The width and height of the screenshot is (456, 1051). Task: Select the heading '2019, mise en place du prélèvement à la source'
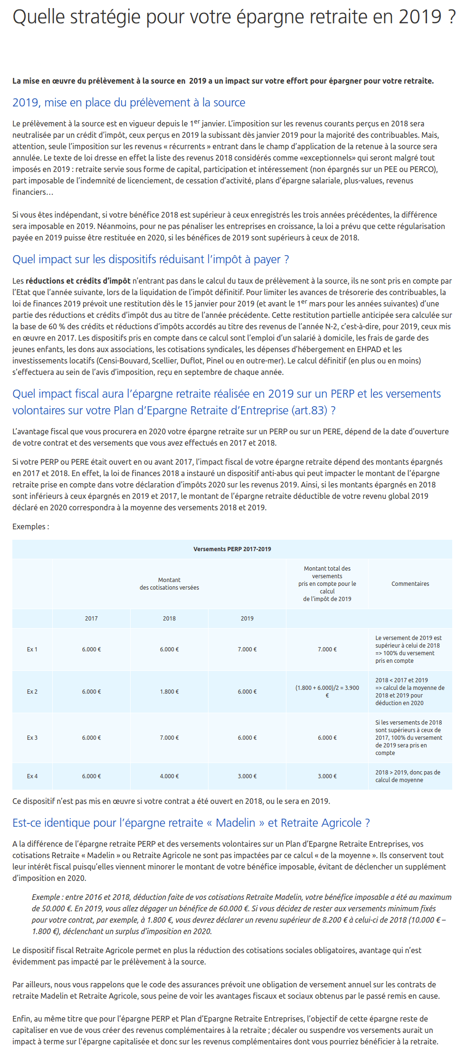pos(129,103)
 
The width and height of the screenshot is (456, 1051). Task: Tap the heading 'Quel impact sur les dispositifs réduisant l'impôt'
pos(151,259)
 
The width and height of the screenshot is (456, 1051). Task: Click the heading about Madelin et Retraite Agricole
pos(191,822)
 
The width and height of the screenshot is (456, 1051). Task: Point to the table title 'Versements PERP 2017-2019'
pos(232,549)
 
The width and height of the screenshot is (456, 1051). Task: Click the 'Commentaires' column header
pos(410,583)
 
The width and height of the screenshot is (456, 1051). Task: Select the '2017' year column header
pos(91,618)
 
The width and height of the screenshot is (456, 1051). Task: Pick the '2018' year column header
pos(169,618)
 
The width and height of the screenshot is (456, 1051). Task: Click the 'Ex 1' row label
pos(32,649)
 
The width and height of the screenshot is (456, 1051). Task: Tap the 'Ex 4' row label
pos(32,776)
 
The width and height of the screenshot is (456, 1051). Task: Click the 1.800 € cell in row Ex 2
pos(169,691)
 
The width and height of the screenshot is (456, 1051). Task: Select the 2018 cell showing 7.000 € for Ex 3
pos(169,737)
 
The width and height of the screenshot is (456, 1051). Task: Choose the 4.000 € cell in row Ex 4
pos(169,776)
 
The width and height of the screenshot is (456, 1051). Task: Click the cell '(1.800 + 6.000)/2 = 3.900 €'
pos(327,691)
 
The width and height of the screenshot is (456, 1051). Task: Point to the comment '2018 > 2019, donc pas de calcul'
pos(408,776)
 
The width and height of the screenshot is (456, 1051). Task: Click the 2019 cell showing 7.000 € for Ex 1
pos(247,649)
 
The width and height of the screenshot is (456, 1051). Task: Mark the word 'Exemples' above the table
pos(29,526)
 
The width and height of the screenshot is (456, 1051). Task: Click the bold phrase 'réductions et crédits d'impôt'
pos(78,281)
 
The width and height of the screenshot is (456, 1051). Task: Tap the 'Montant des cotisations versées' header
pos(169,583)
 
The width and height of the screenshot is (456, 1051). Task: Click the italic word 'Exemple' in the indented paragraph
pos(46,897)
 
